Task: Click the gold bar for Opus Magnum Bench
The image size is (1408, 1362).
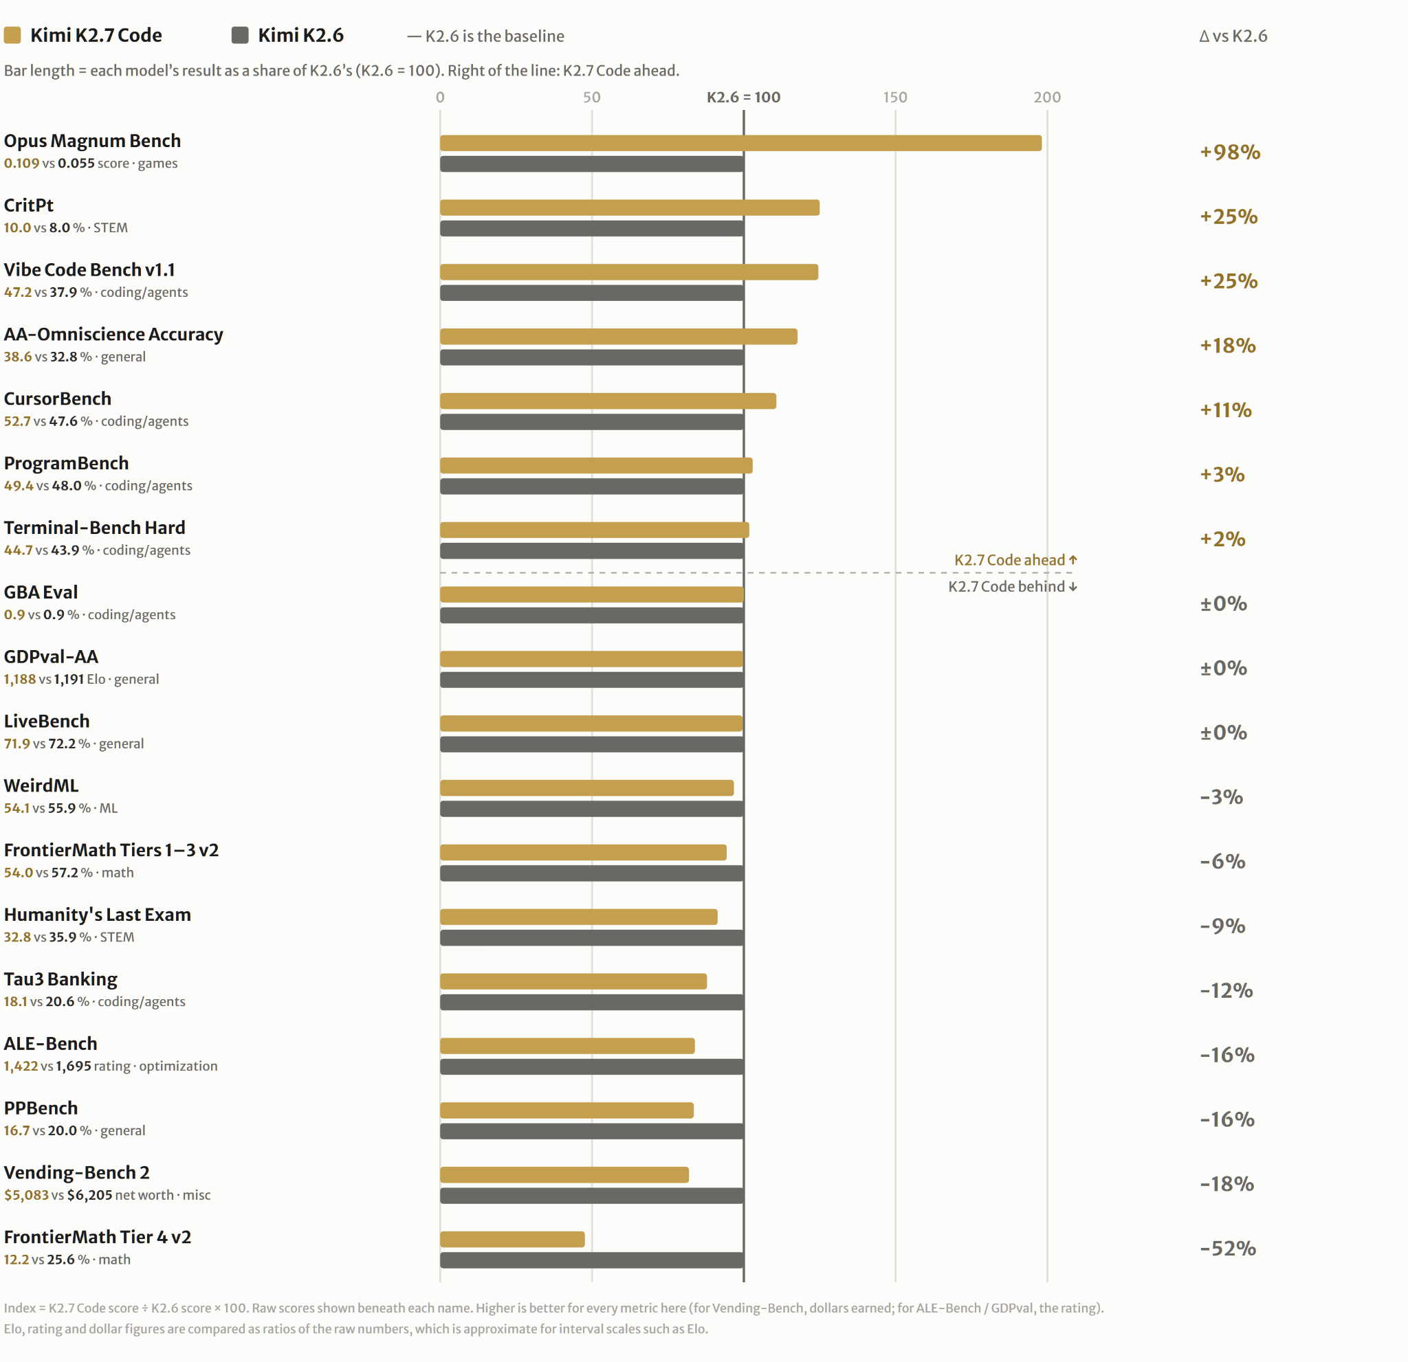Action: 740,143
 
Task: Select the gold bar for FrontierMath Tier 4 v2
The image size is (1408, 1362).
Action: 512,1239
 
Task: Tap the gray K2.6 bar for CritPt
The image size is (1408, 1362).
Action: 592,228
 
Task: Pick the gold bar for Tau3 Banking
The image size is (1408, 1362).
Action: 573,981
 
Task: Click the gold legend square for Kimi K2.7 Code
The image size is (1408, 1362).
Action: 12,35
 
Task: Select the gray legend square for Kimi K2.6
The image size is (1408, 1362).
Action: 240,35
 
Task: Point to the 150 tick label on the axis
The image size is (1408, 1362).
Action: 895,97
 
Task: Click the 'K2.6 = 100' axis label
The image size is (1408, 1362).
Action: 743,97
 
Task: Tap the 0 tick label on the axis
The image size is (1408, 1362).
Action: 441,97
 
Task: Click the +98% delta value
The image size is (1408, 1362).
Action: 1230,152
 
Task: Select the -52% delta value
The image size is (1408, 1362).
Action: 1228,1249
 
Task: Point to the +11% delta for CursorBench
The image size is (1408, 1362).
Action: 1226,410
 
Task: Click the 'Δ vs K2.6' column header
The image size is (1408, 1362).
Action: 1233,36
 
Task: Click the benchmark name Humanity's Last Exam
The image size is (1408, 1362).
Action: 98,915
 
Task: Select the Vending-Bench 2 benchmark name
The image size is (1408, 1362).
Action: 77,1172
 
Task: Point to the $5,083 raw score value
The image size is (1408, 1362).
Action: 27,1195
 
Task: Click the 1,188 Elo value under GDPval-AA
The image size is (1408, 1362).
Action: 20,679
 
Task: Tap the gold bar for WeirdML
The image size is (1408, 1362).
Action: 587,788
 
